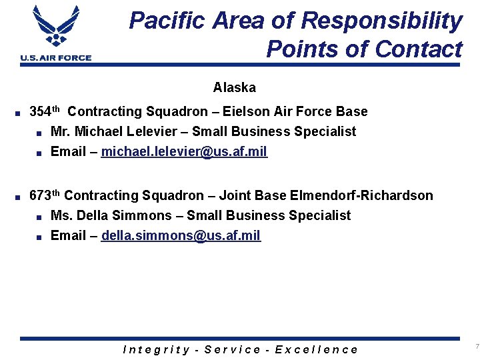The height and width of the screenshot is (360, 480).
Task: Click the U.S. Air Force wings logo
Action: point(55,27)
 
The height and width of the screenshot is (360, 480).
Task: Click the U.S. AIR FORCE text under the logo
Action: point(56,58)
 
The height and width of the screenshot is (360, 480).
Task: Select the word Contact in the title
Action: point(419,49)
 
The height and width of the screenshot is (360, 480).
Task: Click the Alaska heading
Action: point(234,87)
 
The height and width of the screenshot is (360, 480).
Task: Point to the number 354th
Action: point(45,111)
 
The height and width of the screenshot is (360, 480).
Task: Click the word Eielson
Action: point(247,111)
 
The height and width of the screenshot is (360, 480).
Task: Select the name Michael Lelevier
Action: point(121,131)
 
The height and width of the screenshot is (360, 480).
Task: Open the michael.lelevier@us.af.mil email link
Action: point(184,151)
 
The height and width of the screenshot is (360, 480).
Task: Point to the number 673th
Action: point(45,195)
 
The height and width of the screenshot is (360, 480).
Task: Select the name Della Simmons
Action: point(124,215)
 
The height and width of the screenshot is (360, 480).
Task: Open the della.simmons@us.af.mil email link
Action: point(181,235)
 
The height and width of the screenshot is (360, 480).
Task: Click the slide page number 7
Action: point(477,346)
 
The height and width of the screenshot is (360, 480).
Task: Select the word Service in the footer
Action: point(233,349)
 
